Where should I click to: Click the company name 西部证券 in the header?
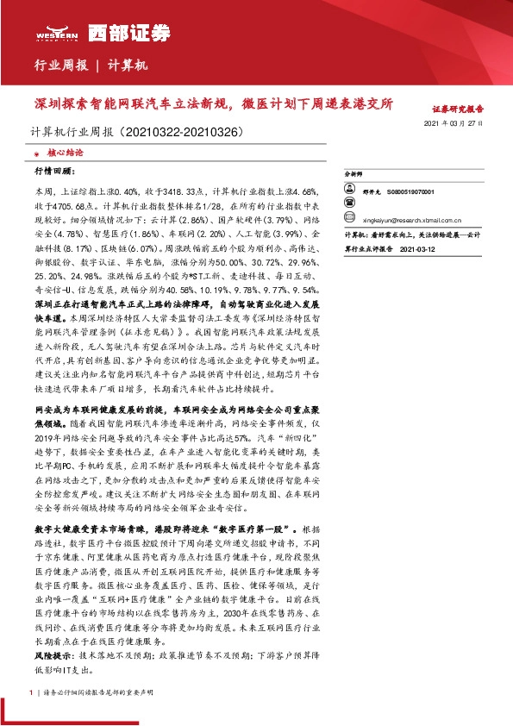pos(122,32)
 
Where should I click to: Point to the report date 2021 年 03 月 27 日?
pos(454,124)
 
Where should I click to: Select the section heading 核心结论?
pos(62,152)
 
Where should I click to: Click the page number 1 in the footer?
pos(31,692)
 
